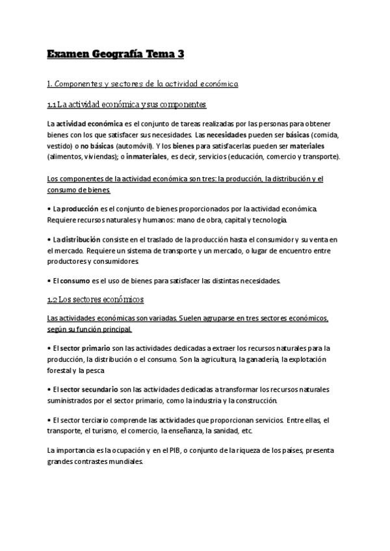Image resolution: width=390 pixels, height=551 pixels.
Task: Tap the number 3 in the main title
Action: point(180,55)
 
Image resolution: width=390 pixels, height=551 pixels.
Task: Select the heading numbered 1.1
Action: point(127,105)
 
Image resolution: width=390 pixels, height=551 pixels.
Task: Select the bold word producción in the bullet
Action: point(79,209)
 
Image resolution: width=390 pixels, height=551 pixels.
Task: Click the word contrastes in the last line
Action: point(97,462)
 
